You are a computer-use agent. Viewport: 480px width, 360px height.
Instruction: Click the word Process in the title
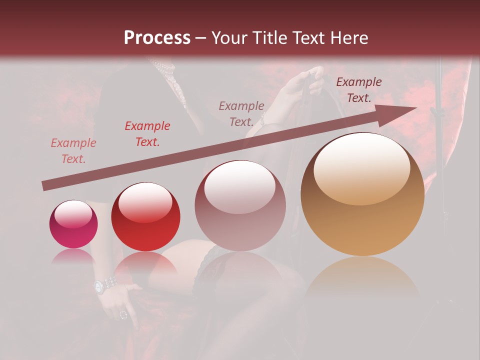(157, 38)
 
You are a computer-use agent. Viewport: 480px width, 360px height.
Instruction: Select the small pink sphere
(73, 224)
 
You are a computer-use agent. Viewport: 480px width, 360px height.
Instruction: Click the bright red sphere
(145, 216)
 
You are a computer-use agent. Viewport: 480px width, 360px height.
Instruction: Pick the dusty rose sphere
(240, 205)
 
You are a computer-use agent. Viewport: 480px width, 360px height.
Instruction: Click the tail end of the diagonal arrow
(45, 186)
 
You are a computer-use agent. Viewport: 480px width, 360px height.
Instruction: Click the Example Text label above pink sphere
(73, 151)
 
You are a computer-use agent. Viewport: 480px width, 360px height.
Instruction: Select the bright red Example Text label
(147, 134)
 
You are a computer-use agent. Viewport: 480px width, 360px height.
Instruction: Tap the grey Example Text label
(241, 114)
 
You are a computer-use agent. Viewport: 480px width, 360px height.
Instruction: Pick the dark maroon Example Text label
(358, 90)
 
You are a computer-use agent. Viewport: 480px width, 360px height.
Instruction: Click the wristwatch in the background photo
(105, 285)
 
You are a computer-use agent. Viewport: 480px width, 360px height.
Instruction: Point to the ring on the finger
(123, 315)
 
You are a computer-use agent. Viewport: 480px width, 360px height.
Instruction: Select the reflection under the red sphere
(145, 265)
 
